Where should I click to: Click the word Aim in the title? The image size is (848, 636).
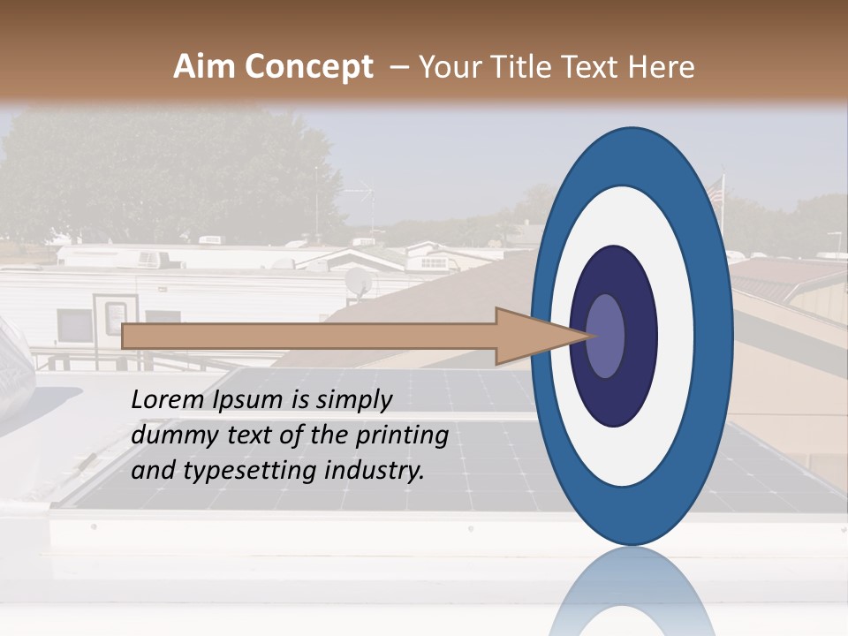coord(205,67)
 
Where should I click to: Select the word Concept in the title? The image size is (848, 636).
coord(308,67)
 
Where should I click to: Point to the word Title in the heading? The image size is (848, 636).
coord(532,67)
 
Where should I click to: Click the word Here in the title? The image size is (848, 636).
coord(662,67)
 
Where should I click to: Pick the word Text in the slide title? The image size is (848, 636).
coord(596,67)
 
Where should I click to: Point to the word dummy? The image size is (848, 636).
coord(171,435)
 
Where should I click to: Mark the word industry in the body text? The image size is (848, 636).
coord(375,471)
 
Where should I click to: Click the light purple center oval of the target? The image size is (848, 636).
coord(606,336)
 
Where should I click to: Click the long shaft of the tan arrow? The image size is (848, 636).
coord(309,336)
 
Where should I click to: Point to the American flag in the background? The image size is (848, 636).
coord(715,188)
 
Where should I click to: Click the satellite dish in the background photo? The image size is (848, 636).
coord(357,281)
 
